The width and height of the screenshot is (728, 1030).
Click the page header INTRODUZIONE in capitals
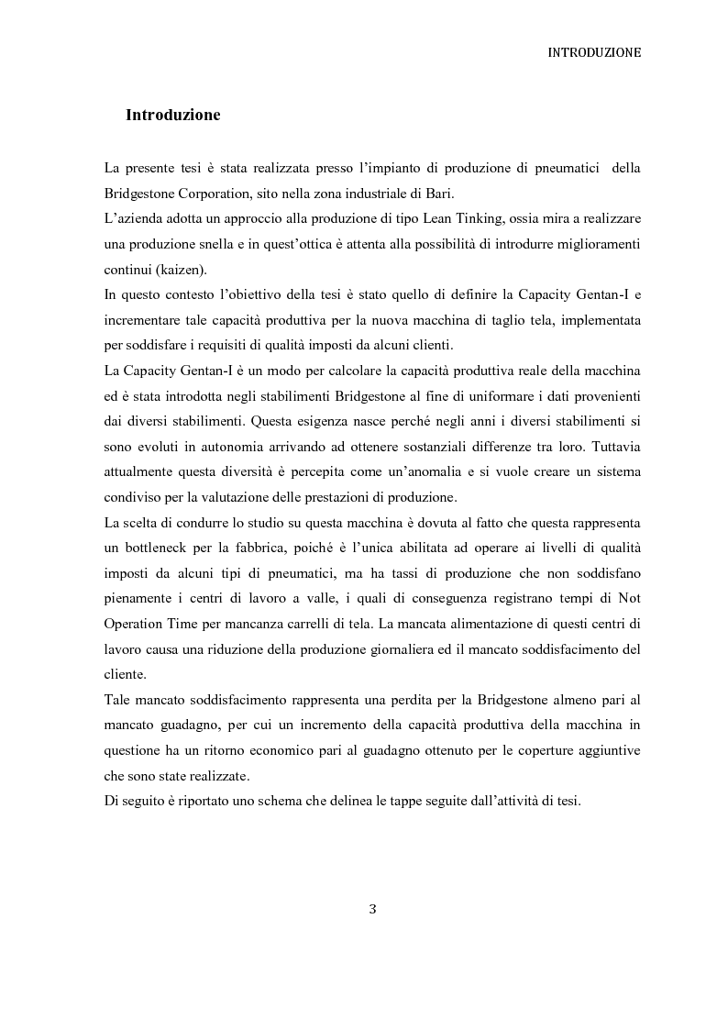pyautogui.click(x=593, y=53)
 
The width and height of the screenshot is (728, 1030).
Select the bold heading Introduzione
pyautogui.click(x=172, y=116)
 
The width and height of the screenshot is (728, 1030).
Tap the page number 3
pyautogui.click(x=372, y=909)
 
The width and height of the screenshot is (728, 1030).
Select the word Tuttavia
pyautogui.click(x=614, y=448)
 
